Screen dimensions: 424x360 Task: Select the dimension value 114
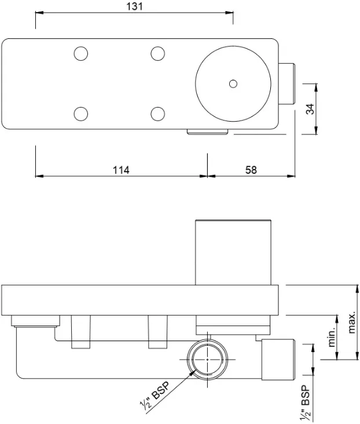120,170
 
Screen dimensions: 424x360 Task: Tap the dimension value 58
251,170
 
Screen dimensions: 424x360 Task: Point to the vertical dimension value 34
311,109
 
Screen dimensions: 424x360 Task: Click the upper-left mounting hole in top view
81,54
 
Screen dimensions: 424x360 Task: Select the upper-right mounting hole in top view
157,54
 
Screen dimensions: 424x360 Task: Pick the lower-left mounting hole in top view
81,113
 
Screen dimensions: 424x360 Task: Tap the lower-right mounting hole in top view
157,113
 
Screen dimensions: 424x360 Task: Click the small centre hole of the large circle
233,84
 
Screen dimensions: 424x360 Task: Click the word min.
332,337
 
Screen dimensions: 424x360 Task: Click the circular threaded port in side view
207,359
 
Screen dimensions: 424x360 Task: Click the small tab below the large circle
207,132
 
